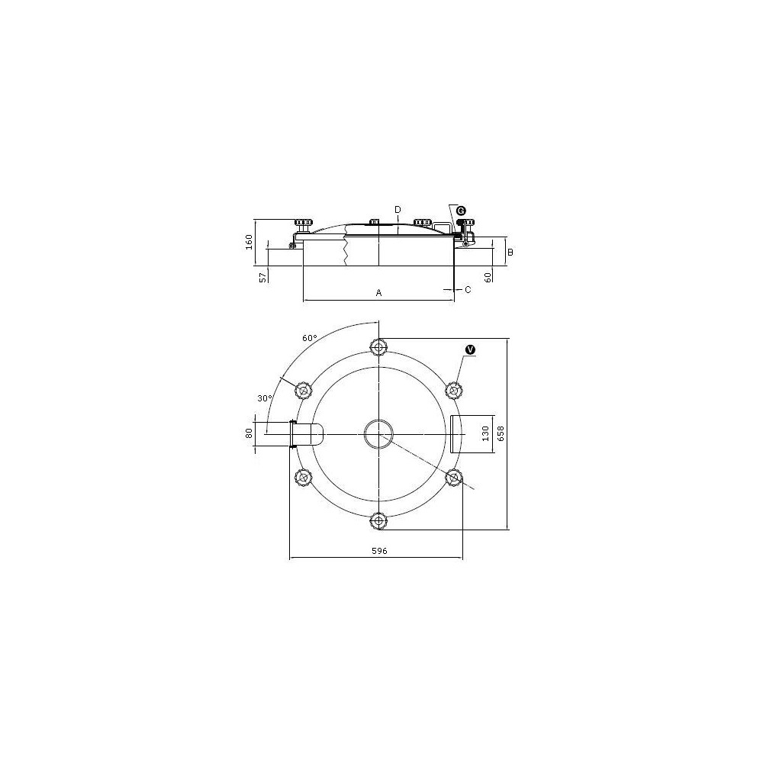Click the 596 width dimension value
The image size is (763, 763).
(379, 551)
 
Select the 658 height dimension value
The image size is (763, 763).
(501, 433)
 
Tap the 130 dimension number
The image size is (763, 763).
(485, 433)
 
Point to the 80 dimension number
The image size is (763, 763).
(250, 433)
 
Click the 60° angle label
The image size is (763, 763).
(310, 338)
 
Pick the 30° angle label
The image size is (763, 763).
(265, 398)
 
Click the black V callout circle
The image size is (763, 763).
(470, 349)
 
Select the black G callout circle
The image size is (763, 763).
(461, 211)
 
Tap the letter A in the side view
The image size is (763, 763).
(378, 293)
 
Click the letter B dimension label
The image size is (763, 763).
(510, 252)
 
